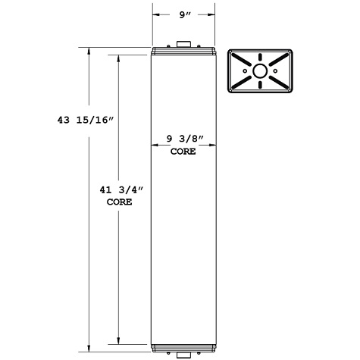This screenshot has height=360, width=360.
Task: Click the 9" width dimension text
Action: click(183, 13)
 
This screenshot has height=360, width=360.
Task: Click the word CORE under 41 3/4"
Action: click(118, 202)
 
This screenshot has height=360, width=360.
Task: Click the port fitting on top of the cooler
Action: click(183, 44)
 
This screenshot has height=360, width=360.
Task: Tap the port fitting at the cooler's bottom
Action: click(183, 355)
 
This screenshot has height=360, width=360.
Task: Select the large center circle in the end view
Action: click(260, 71)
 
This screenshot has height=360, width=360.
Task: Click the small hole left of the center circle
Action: click(246, 71)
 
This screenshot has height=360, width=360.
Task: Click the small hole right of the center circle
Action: click(274, 71)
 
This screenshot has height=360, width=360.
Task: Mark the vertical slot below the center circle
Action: click(260, 85)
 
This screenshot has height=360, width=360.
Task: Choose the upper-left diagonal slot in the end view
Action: click(243, 61)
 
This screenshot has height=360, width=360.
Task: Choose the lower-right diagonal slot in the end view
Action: click(277, 82)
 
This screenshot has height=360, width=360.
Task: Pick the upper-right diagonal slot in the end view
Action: click(277, 61)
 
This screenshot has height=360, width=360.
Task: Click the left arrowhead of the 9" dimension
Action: click(156, 13)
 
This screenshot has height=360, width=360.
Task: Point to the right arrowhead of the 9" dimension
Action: click(210, 13)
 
